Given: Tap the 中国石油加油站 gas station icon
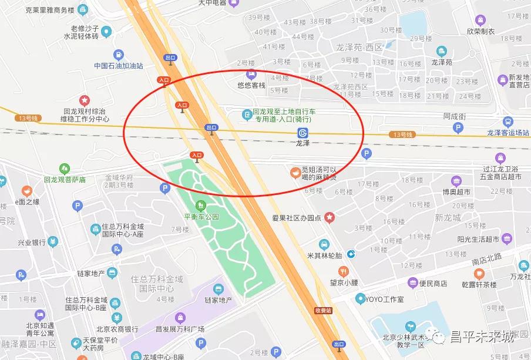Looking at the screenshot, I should pyautogui.click(x=119, y=55).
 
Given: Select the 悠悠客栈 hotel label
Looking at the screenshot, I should pyautogui.click(x=251, y=85).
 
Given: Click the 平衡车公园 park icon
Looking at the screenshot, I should pyautogui.click(x=201, y=205).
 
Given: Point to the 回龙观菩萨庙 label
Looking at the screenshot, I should pyautogui.click(x=65, y=179).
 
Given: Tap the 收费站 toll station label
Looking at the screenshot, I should pyautogui.click(x=323, y=310).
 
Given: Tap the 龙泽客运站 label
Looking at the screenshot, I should pyautogui.click(x=508, y=133).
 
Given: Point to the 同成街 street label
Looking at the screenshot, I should pyautogui.click(x=454, y=117).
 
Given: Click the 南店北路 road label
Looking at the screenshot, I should pyautogui.click(x=487, y=257).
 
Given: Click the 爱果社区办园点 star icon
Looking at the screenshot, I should pyautogui.click(x=330, y=218).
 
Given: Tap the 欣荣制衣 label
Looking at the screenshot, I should pyautogui.click(x=481, y=31).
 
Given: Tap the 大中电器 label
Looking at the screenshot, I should pyautogui.click(x=212, y=3).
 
